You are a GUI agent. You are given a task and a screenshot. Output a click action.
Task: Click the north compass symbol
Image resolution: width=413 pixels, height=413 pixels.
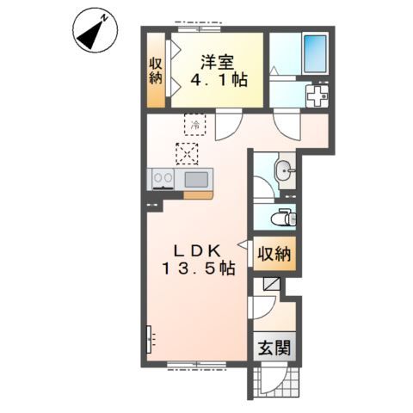[x=95, y=30]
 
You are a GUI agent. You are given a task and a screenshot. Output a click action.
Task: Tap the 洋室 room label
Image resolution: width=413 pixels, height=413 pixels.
[x=217, y=62]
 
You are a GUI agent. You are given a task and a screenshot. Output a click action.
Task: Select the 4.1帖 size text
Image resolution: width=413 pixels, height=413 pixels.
[x=219, y=80]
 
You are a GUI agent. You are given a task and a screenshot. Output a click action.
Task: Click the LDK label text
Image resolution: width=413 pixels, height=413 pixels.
[x=198, y=251]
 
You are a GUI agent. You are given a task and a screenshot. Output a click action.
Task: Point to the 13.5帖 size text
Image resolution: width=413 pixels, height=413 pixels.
[x=199, y=268]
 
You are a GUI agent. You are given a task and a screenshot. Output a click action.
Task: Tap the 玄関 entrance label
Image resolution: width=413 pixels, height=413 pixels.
[x=274, y=348]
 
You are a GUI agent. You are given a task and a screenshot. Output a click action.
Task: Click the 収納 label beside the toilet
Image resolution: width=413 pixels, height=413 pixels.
[x=274, y=254]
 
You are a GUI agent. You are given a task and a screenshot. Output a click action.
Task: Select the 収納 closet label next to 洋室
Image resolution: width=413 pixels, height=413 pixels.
[x=156, y=71]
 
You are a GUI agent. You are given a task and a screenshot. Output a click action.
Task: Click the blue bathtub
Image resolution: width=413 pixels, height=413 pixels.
[x=315, y=54]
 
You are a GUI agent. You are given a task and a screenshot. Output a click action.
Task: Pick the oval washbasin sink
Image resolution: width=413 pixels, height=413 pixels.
[x=284, y=170]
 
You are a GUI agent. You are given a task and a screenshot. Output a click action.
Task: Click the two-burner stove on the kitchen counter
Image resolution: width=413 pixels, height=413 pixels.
[x=163, y=179]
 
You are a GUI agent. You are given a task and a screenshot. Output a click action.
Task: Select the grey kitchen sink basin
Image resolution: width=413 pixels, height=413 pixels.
[x=196, y=180]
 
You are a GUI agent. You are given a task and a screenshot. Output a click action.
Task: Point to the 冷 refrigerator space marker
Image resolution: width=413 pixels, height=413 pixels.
[x=195, y=125]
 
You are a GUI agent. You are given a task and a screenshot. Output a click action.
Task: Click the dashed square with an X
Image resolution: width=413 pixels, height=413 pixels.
[x=187, y=154]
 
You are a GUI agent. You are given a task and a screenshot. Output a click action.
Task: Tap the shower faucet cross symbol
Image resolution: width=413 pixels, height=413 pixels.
[x=317, y=96]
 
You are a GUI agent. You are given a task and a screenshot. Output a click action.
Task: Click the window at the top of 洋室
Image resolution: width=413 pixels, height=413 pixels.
[x=200, y=28]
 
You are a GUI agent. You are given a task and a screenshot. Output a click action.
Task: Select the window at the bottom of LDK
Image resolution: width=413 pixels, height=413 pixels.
[x=197, y=364]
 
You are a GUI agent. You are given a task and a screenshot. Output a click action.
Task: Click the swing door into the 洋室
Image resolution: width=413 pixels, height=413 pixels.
[x=229, y=126]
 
